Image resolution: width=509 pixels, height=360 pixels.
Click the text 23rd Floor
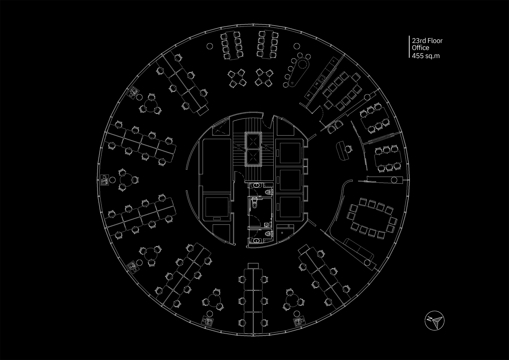[427, 41]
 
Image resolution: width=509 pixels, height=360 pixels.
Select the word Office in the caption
[420, 48]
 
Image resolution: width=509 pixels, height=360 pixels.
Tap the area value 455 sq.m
[426, 55]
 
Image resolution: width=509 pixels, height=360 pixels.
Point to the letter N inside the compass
[430, 319]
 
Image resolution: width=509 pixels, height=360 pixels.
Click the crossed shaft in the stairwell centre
[254, 148]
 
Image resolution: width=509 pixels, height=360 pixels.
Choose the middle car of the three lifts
[290, 180]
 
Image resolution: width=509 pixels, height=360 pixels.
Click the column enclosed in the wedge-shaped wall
[393, 180]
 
